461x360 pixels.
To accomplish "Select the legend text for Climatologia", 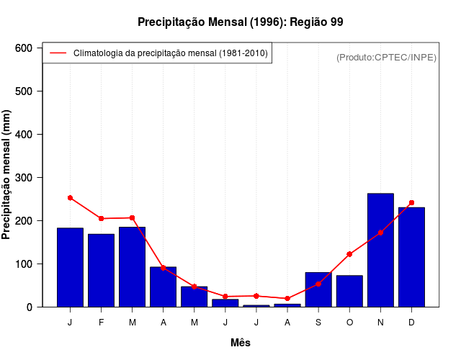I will pyautogui.click(x=171, y=53).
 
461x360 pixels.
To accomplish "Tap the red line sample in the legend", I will pyautogui.click(x=58, y=53).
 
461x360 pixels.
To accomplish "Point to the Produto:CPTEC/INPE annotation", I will pyautogui.click(x=386, y=57).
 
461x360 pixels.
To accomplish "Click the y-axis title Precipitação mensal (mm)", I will pyautogui.click(x=6, y=174).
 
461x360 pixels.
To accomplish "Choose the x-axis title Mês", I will pyautogui.click(x=241, y=343).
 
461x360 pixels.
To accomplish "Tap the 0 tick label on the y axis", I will pyautogui.click(x=30, y=307).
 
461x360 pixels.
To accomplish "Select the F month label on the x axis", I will pyautogui.click(x=102, y=323).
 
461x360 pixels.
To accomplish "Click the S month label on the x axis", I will pyautogui.click(x=318, y=323).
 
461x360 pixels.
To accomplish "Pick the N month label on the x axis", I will pyautogui.click(x=380, y=323).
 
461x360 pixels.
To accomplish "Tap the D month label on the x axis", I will pyautogui.click(x=411, y=323).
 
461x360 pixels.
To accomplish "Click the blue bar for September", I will pyautogui.click(x=318, y=289).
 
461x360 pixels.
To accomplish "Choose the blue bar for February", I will pyautogui.click(x=102, y=270).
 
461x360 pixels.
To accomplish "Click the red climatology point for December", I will pyautogui.click(x=411, y=203).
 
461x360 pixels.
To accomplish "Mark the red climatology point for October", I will pyautogui.click(x=349, y=254).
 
